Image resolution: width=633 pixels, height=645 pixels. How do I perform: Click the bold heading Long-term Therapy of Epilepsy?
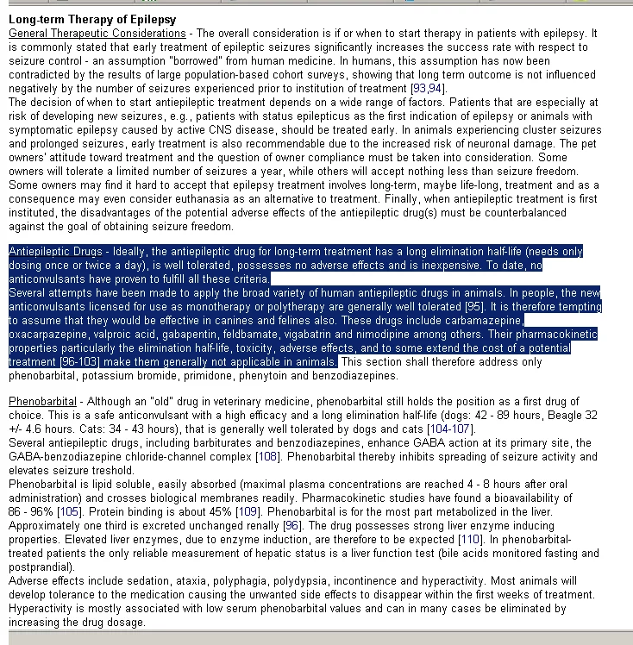coord(91,19)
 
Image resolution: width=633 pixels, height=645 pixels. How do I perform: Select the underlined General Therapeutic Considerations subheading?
coord(97,33)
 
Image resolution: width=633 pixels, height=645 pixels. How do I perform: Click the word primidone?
coord(209,376)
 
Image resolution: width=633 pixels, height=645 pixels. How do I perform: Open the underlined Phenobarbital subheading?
coord(42,403)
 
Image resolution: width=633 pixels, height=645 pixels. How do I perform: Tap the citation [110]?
coord(469,540)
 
